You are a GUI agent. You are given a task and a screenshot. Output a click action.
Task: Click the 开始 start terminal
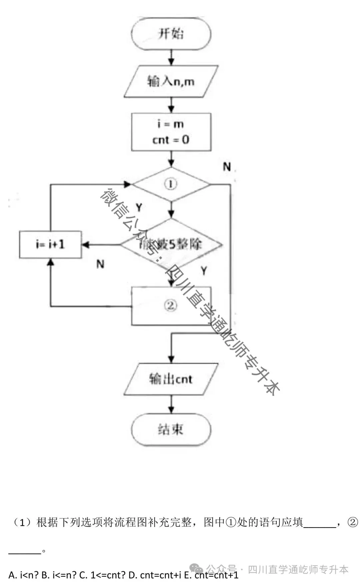click(171, 34)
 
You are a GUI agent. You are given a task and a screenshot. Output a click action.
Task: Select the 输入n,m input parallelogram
click(171, 81)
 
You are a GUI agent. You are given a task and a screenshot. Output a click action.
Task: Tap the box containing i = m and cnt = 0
click(171, 132)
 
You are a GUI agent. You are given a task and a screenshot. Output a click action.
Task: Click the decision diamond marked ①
click(171, 184)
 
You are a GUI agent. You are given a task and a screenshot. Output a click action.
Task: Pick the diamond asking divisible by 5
click(171, 244)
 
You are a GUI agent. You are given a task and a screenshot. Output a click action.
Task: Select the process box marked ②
click(171, 306)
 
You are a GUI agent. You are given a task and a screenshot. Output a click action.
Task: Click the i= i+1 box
click(50, 244)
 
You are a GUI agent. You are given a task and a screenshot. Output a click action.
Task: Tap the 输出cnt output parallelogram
click(171, 379)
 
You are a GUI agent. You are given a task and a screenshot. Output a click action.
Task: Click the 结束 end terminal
click(171, 430)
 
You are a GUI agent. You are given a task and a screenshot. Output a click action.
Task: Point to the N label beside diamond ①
click(227, 166)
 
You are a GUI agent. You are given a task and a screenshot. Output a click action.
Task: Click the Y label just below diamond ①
click(139, 208)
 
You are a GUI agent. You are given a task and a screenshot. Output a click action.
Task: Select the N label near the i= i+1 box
click(100, 264)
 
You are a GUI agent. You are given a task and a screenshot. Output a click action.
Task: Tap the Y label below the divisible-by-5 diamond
click(204, 270)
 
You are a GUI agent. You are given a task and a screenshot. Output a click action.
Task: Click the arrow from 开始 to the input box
click(171, 58)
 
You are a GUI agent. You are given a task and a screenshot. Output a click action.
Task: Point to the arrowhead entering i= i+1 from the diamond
click(85, 245)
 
